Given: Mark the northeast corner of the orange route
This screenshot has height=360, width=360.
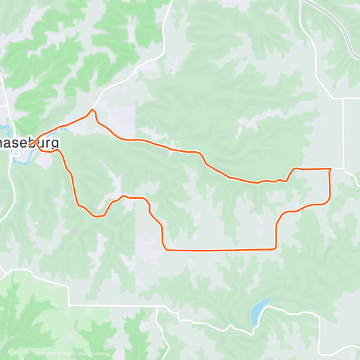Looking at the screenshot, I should [330, 169].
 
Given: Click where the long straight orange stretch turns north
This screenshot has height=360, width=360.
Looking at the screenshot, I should [276, 248].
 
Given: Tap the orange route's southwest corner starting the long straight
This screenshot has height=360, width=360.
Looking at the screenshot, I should [166, 249].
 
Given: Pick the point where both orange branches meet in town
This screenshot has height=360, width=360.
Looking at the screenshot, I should [33, 136].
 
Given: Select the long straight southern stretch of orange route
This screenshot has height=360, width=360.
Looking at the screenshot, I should [220, 250].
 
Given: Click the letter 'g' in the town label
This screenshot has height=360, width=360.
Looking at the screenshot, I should [55, 144].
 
